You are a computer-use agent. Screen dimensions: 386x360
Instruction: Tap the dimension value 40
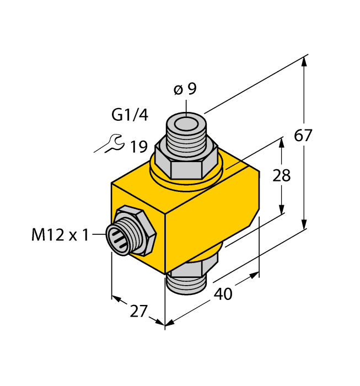[x=223, y=294]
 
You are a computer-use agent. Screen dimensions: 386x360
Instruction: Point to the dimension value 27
[x=139, y=312]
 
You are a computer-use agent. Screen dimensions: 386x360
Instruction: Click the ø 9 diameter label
[x=185, y=89]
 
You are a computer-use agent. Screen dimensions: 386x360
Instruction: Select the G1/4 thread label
[x=130, y=115]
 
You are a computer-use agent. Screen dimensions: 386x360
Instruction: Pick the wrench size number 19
[x=138, y=147]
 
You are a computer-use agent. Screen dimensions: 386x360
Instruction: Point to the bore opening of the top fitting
[x=186, y=121]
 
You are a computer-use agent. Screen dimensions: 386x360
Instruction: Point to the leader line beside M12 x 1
[x=99, y=235]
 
